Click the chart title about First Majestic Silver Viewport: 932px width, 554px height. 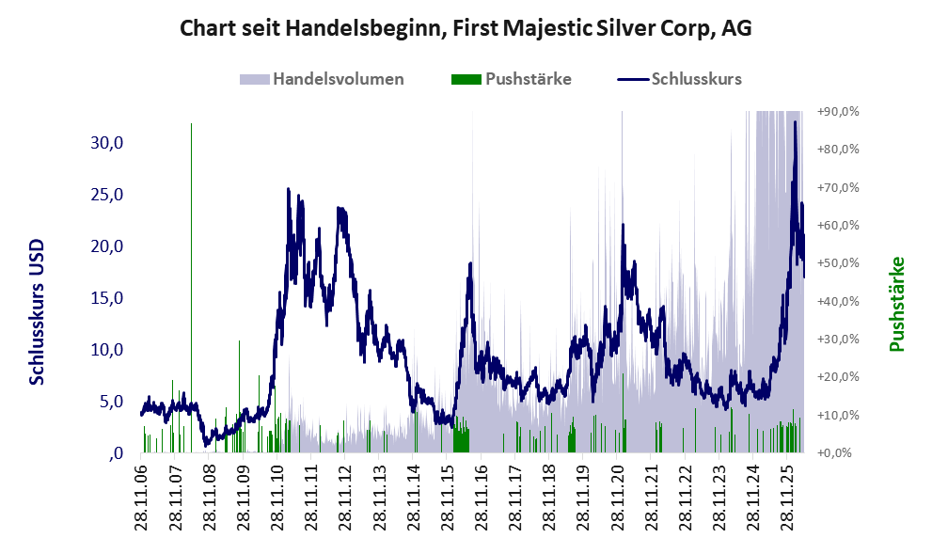tap(466, 28)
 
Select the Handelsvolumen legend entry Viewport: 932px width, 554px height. tap(322, 79)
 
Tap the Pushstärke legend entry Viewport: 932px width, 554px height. tap(512, 79)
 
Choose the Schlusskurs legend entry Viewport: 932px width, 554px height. tap(679, 79)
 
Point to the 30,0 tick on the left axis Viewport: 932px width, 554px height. tap(107, 143)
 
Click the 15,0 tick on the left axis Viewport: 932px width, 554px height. tap(107, 298)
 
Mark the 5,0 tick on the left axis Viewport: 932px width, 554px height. tap(111, 402)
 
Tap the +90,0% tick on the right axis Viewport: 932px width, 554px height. tap(838, 112)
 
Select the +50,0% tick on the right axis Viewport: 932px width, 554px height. tap(838, 263)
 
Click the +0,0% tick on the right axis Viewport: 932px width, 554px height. tap(834, 453)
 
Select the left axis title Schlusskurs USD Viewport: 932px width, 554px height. tap(37, 312)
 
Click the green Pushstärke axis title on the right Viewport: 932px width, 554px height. tap(896, 304)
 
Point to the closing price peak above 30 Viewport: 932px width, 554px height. tap(795, 122)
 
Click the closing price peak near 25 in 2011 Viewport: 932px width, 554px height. tap(289, 189)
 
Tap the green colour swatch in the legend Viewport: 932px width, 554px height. tap(466, 80)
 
